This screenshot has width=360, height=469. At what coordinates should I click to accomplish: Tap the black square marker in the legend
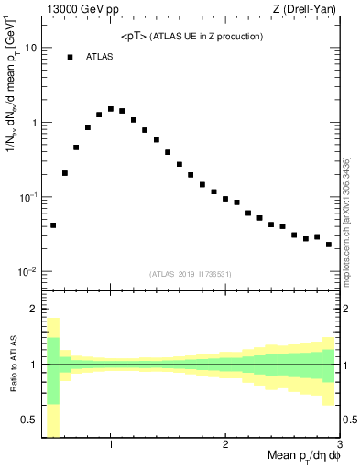tap(70, 57)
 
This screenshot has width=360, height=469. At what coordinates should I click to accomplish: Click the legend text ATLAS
tap(100, 57)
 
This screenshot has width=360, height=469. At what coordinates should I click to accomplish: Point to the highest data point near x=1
tap(111, 109)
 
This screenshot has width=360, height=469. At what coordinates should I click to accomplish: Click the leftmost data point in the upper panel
tap(53, 224)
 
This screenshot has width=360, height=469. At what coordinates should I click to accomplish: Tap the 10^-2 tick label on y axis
tap(28, 272)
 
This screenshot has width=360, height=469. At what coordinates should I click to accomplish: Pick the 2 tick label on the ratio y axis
tap(34, 309)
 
